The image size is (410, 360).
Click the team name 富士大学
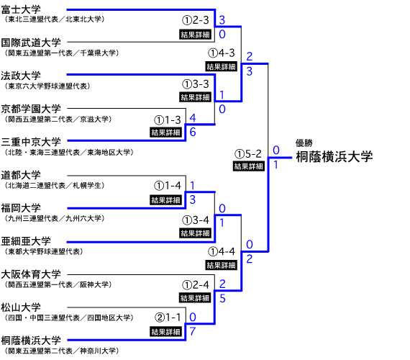(21, 9)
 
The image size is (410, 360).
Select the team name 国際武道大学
(31, 42)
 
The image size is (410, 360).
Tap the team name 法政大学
(21, 76)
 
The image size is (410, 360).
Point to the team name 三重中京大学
(31, 142)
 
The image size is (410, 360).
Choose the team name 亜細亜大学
(26, 241)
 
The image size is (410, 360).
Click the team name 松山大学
(21, 307)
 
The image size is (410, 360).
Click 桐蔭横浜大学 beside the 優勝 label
(334, 156)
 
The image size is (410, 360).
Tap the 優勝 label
(304, 143)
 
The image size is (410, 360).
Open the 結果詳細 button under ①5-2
(248, 166)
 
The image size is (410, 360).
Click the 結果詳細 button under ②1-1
(165, 332)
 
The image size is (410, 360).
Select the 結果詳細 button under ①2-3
(195, 35)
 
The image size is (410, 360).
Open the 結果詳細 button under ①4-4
(222, 265)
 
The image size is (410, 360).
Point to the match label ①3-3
(196, 84)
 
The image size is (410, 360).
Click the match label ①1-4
(168, 186)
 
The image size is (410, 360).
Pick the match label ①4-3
(222, 53)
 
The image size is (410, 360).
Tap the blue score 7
(193, 331)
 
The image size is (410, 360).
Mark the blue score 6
(193, 132)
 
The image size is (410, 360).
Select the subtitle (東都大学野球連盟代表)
(44, 251)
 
